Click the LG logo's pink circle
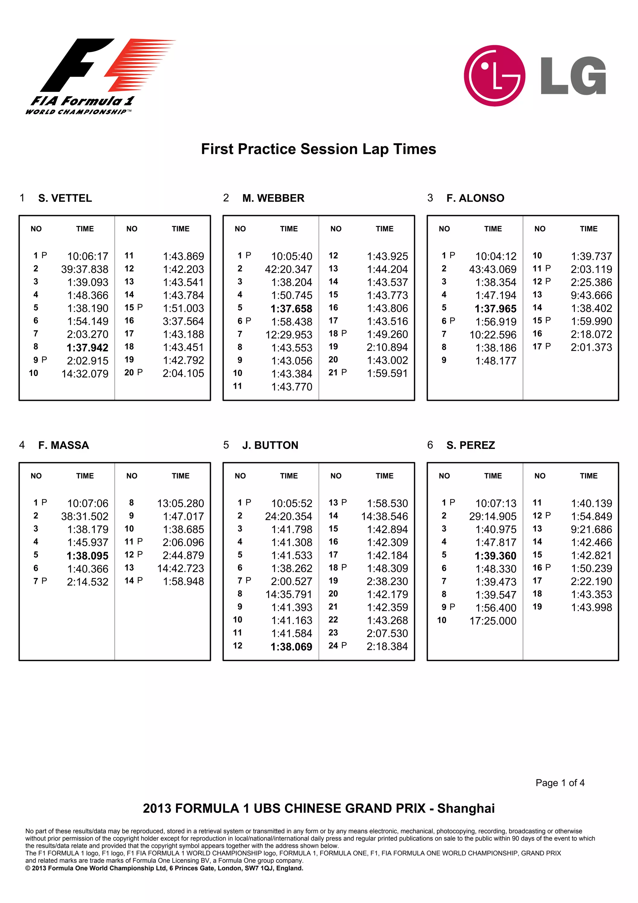coord(494,75)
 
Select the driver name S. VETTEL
coord(65,198)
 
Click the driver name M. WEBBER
coord(273,198)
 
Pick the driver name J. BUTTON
coord(270,445)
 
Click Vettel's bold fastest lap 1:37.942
coord(87,348)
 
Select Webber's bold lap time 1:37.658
coord(291,309)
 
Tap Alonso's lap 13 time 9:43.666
coord(591,295)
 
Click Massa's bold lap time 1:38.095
coord(87,556)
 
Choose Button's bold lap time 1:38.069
coord(291,647)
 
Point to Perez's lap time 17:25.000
coord(493,621)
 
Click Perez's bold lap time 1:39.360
coord(495,556)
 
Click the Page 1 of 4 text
coord(559,783)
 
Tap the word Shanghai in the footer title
coord(465,808)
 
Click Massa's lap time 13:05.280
coord(180,503)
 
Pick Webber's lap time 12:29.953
coord(288,335)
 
